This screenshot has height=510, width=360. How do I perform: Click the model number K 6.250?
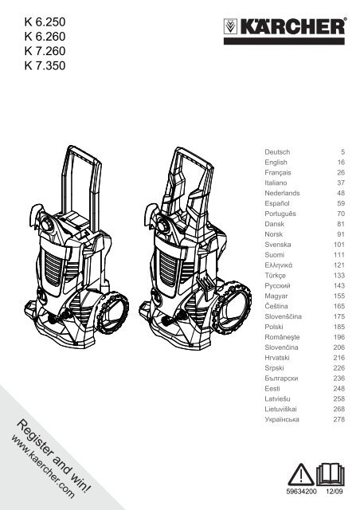45,22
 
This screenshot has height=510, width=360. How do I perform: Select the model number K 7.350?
45,65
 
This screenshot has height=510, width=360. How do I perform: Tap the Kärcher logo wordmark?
292,26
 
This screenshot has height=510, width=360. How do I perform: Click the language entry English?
276,163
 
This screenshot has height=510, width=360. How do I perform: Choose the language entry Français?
278,173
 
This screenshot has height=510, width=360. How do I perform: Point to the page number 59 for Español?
341,204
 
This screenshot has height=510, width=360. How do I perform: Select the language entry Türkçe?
275,276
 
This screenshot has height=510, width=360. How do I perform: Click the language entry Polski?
274,327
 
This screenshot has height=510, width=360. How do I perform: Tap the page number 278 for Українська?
338,419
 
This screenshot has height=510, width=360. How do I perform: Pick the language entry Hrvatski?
277,358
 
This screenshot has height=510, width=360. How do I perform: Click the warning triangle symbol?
301,475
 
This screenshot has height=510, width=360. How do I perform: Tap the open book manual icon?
330,475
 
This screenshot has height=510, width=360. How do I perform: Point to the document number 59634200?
302,492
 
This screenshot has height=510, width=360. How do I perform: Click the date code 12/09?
335,492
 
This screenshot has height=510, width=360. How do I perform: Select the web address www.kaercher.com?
43,468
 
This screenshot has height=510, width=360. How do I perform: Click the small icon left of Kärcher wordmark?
230,26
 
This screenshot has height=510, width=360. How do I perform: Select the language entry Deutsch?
277,152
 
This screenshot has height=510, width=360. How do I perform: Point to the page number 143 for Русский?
338,286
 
